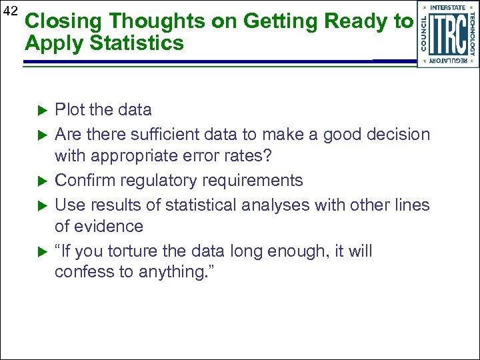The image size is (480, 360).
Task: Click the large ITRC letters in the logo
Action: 448,34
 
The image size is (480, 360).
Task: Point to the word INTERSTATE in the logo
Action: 448,8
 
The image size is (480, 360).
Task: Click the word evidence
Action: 110,227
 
